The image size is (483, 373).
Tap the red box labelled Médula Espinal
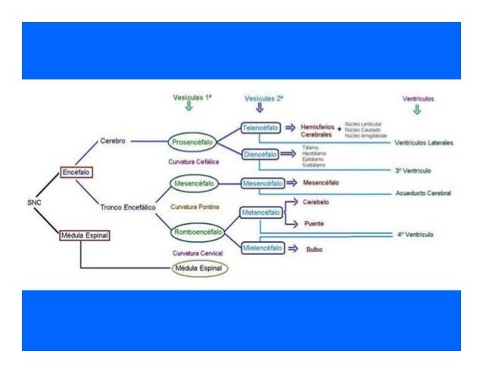pyautogui.click(x=85, y=236)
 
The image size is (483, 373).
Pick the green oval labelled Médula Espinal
pyautogui.click(x=201, y=268)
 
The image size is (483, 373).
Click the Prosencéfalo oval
pyautogui.click(x=193, y=141)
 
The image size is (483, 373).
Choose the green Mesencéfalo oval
pyautogui.click(x=195, y=183)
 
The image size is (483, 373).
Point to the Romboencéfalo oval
pyautogui.click(x=196, y=225)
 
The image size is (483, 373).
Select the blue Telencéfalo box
pyautogui.click(x=261, y=129)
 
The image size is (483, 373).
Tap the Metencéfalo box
pyautogui.click(x=261, y=213)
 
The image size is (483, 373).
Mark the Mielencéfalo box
pyautogui.click(x=261, y=247)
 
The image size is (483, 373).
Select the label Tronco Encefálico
pyautogui.click(x=128, y=206)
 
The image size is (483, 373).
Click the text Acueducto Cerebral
pyautogui.click(x=423, y=193)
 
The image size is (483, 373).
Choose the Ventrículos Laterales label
pyautogui.click(x=424, y=143)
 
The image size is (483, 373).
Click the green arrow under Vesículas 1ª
pyautogui.click(x=189, y=106)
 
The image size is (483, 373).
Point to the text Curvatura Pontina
pyautogui.click(x=195, y=205)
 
